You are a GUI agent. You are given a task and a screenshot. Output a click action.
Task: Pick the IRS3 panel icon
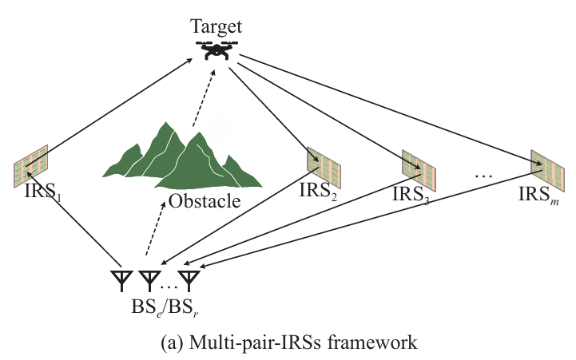(416, 170)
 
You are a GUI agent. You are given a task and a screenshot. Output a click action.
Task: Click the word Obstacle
(205, 200)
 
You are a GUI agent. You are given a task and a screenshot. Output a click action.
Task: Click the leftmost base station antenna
(121, 280)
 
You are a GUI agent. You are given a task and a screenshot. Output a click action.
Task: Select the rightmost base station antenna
(189, 280)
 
